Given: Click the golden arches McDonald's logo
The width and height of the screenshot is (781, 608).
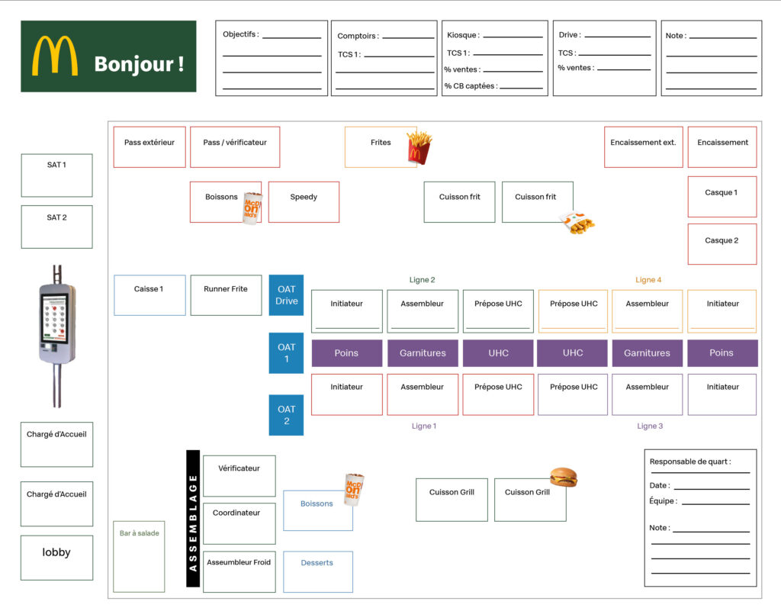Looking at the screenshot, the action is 55,56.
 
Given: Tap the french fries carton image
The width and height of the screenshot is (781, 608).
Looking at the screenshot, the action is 419,147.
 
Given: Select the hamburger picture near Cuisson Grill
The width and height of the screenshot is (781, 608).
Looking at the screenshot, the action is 564,477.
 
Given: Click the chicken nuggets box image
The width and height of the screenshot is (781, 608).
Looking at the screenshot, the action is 577,223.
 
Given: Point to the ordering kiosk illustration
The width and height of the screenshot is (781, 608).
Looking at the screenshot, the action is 57,336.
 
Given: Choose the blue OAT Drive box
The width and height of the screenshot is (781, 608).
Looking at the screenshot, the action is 287,295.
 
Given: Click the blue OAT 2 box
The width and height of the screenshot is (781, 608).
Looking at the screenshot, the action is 287,415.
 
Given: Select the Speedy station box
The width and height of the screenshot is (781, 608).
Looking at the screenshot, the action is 304,202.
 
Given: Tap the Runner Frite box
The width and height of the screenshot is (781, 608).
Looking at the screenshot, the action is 226,295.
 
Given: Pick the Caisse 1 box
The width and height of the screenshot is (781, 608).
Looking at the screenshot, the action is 149,295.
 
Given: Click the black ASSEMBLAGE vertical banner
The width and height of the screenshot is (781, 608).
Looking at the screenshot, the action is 193,518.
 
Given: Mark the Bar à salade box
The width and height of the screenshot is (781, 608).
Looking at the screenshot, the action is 139,556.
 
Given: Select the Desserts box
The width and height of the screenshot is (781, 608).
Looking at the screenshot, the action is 318,571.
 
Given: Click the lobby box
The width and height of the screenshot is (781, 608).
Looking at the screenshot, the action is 56,558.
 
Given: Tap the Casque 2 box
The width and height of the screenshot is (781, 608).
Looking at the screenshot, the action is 722,244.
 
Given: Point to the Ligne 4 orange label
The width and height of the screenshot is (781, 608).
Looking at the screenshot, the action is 648,280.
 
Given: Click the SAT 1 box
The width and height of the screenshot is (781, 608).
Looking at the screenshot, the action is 56,175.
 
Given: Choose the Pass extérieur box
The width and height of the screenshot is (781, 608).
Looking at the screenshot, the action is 149,147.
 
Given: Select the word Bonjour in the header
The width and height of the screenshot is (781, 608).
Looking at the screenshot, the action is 134,64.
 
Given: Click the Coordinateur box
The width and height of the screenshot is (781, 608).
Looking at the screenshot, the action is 239,523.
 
